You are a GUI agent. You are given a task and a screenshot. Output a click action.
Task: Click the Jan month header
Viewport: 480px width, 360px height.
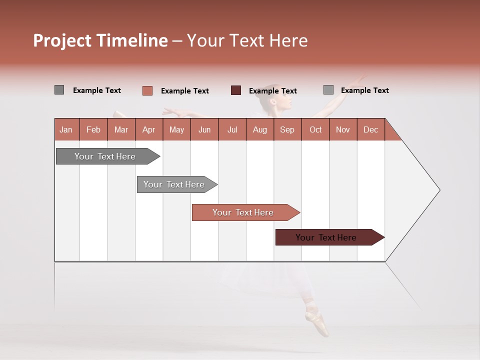point(66,129)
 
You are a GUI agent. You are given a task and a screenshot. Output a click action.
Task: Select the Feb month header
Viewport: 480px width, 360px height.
point(93,129)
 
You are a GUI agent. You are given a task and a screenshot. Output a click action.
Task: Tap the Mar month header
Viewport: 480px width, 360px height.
point(121,129)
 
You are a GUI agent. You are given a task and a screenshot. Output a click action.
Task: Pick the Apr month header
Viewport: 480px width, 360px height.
point(149,129)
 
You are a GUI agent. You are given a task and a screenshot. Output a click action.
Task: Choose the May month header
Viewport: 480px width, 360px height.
point(176,129)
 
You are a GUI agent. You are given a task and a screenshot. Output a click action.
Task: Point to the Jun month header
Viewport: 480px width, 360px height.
point(204,129)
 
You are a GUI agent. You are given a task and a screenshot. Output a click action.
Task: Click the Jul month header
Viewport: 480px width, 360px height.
point(232,129)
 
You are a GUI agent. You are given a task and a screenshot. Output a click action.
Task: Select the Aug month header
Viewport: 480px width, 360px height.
point(260,129)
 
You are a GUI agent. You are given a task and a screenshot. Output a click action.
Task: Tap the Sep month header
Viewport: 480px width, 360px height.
point(287,129)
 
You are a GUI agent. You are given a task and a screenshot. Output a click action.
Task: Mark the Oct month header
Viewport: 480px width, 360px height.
point(315,129)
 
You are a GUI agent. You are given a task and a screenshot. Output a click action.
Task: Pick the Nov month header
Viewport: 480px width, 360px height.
point(343,129)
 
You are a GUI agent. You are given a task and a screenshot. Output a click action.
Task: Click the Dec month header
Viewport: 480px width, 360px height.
point(371,129)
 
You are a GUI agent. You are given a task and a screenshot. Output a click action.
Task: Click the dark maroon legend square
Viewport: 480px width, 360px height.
point(236,90)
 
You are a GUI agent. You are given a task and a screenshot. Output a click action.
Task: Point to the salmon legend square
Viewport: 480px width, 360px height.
point(147,90)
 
